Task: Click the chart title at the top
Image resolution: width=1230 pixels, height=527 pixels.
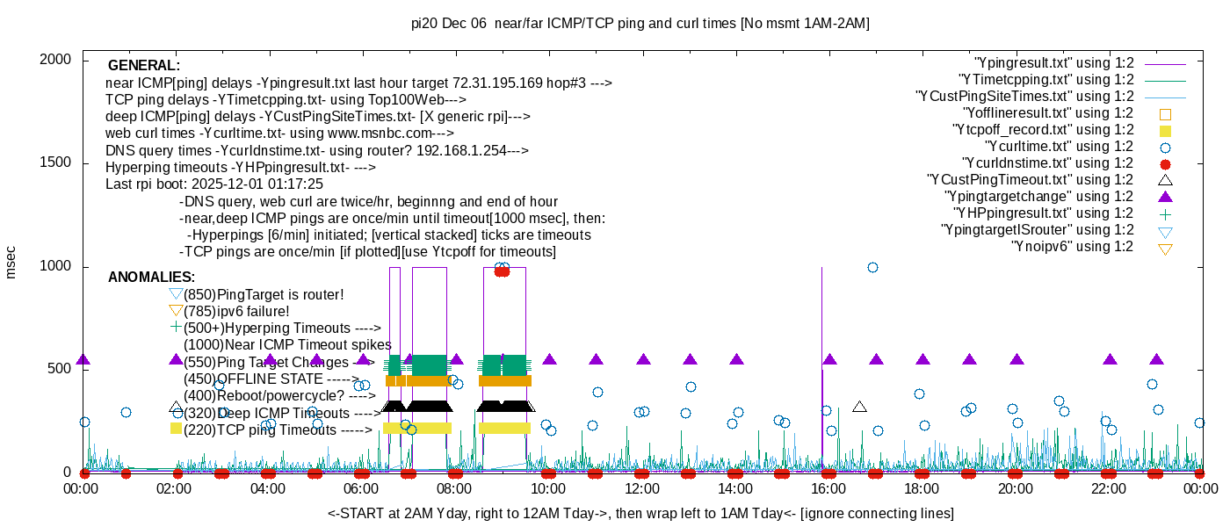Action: [x=640, y=23]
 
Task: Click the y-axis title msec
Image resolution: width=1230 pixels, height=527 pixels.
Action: [x=10, y=263]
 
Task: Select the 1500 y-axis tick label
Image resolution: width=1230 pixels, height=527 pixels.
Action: [x=54, y=162]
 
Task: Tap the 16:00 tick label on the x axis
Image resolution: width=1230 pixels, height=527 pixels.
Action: [x=828, y=488]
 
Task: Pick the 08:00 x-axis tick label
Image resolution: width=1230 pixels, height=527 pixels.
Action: [x=454, y=488]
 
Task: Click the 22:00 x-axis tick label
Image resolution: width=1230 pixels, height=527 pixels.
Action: [x=1109, y=488]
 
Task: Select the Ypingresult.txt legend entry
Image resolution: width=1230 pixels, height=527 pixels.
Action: [x=1053, y=63]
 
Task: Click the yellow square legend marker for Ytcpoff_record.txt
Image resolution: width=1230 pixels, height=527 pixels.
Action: [x=1165, y=131]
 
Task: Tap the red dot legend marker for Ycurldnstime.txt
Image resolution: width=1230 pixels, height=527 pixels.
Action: [x=1165, y=164]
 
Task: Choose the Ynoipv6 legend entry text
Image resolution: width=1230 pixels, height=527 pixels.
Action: [x=1073, y=247]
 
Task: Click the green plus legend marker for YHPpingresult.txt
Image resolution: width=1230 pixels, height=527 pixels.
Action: [x=1165, y=214]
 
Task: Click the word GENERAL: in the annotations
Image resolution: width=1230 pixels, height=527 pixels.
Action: [x=144, y=65]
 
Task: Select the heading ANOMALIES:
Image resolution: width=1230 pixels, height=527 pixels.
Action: [x=151, y=278]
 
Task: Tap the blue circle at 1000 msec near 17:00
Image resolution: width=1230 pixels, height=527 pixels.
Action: [x=872, y=267]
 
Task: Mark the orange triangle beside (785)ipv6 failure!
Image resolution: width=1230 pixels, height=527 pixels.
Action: [x=176, y=312]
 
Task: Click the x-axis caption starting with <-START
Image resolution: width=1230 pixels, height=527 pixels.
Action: [x=640, y=513]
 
